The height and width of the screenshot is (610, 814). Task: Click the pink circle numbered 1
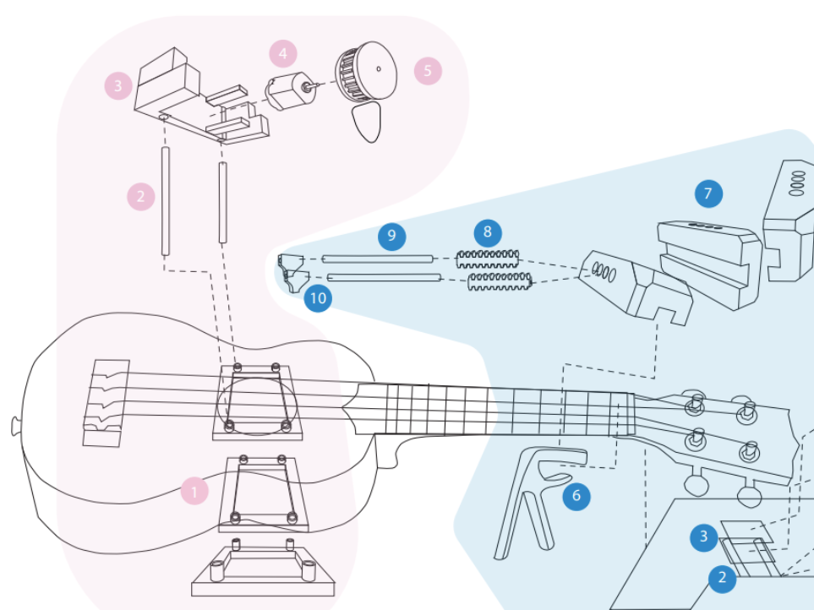pos(194,490)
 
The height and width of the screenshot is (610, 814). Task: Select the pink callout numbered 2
pos(140,197)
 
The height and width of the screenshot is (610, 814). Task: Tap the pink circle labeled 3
pos(117,84)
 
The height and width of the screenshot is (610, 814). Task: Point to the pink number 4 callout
pos(283,54)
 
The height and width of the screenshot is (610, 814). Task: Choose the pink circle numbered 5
pos(428,71)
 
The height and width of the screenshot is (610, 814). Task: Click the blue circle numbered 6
pos(576,495)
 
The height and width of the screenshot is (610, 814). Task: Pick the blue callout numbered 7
pos(707,193)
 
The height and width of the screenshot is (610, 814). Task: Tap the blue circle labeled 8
pos(488,231)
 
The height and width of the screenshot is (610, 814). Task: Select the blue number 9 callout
pos(391,236)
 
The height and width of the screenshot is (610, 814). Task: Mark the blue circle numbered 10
pos(318,297)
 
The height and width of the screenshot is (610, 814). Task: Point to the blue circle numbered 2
pos(722,578)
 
